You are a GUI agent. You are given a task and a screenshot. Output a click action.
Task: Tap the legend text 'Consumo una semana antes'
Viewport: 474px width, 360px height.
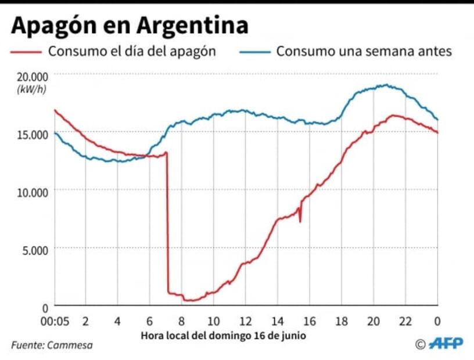point(364,51)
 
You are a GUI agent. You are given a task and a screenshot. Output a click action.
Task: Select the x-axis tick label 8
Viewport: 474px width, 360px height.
point(181,321)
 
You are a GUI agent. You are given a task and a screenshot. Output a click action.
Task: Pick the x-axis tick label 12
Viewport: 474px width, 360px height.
point(245,321)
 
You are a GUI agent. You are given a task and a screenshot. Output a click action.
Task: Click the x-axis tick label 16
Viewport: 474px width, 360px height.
point(310,321)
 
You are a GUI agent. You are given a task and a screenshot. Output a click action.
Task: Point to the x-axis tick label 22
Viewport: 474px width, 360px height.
point(405,321)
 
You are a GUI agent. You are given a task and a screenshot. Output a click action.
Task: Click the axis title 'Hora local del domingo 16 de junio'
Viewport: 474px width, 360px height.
point(222,336)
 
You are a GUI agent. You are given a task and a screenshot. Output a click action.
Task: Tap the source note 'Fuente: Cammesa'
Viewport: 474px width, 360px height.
point(52,345)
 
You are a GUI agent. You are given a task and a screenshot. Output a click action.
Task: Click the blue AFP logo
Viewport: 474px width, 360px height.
point(446,344)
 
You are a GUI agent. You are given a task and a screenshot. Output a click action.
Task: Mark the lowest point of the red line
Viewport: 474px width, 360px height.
point(189,300)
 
